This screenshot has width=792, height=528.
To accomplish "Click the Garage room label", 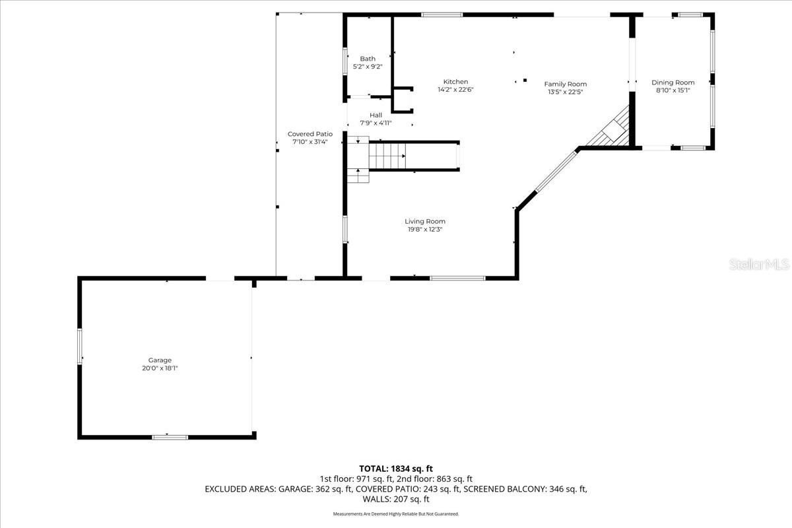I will pos(160,360).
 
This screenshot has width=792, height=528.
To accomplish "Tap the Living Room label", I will pos(425,221).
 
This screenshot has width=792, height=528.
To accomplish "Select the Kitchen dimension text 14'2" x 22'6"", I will pos(455,90).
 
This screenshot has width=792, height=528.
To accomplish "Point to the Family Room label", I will pos(565,84).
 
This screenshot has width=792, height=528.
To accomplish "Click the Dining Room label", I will pos(673,82).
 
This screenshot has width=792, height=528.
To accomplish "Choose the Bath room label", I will pos(368,59).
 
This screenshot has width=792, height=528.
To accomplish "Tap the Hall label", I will pos(376,115).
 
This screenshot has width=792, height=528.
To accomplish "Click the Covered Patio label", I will pos(310,134).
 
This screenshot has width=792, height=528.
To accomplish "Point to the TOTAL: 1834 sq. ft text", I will pos(396,468).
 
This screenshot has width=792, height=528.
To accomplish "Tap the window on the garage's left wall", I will pos(81,346).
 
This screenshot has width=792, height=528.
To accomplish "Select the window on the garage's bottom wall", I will pos(170,436).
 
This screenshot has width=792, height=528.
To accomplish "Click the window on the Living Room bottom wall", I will pos(457,278).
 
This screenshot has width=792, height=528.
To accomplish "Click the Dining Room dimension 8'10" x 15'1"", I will pos(673,91).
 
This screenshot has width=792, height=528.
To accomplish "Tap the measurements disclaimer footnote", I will pos(396,513).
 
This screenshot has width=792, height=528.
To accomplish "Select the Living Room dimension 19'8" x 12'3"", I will pos(425,230).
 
